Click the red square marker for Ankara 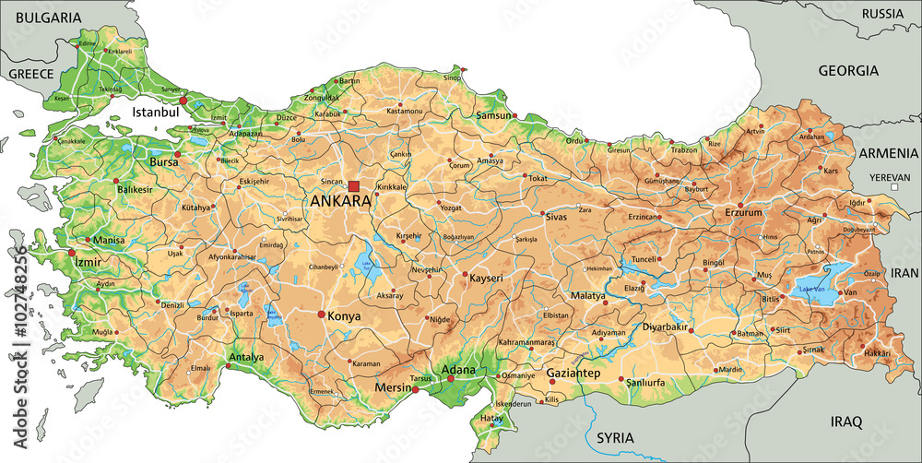coord(353,186)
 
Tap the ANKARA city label coord(340,201)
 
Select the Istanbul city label coord(155,112)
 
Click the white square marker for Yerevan coord(893,187)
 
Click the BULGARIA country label coord(41,18)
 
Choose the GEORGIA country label coord(848,70)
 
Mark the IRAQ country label coord(845,421)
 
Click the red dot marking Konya coord(321,315)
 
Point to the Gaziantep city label coord(573,374)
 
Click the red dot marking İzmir coord(71,253)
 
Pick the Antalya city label coord(246,357)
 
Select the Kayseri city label coord(486,277)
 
